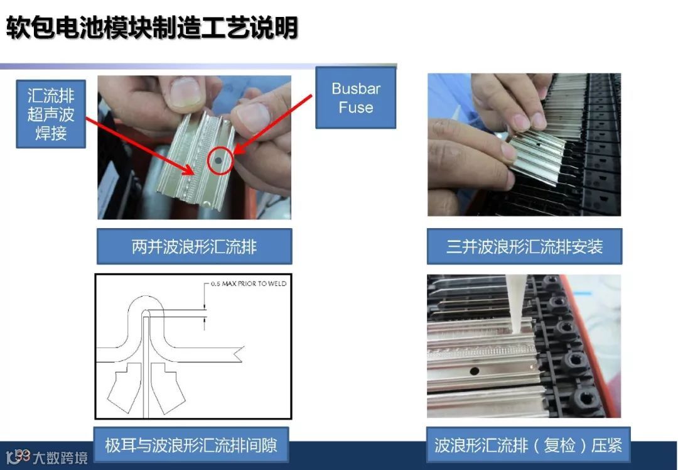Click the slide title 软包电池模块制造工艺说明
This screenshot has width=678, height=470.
coord(152,28)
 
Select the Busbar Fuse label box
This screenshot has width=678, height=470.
coord(356,98)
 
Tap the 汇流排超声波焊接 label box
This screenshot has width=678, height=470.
coord(51,114)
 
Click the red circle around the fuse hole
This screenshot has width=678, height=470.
coord(220,161)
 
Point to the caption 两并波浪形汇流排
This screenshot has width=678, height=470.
coord(194,247)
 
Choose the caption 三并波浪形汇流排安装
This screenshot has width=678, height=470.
coord(524,247)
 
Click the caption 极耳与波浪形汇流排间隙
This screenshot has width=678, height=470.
coord(191,445)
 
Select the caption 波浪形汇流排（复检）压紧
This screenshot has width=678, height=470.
coord(528,445)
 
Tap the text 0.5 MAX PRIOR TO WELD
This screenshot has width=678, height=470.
coord(249,284)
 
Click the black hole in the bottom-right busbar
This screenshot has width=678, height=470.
coord(475,371)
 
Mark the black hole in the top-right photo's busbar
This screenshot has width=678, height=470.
coord(539,143)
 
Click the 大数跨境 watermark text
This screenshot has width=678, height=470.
coord(60,457)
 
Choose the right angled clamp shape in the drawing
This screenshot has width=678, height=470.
coord(168,387)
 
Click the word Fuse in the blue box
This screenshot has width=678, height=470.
coord(356,107)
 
